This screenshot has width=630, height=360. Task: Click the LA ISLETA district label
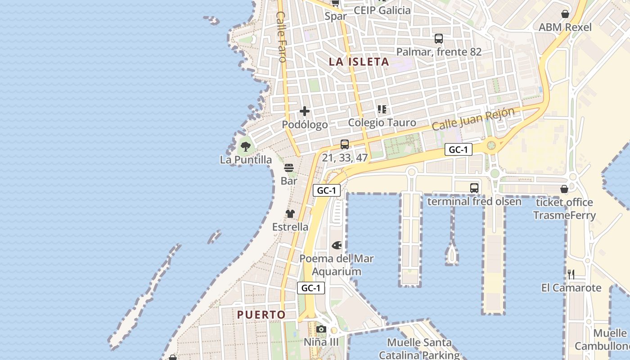[359, 62]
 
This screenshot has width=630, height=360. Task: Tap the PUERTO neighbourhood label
[261, 315]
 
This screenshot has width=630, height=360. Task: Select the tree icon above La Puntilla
[246, 146]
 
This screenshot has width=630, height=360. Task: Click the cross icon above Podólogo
[305, 111]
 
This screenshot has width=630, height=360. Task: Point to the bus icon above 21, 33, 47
[345, 144]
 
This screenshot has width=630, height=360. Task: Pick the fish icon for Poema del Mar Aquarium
[337, 246]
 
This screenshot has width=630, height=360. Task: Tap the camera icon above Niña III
[321, 329]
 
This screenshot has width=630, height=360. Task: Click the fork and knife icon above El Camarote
[571, 274]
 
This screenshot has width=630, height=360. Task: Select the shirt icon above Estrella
[290, 214]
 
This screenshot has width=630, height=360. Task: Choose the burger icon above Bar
[289, 168]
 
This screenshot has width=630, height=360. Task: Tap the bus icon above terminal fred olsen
[474, 188]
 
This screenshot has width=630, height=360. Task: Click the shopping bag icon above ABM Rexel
[565, 14]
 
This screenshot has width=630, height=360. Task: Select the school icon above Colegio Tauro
[382, 109]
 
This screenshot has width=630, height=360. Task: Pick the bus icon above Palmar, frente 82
[439, 39]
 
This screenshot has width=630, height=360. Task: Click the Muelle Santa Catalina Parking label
[419, 349]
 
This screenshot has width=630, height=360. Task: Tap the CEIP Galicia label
[382, 10]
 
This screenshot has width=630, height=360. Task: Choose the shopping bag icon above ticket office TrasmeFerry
[564, 189]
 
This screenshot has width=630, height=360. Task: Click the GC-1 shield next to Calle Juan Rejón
[459, 150]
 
